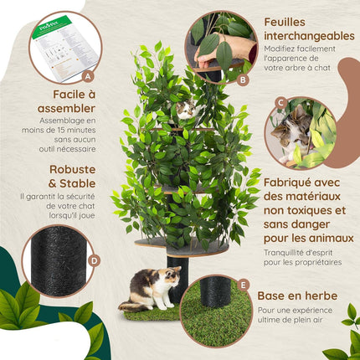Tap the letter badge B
(244, 80)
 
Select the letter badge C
(281, 104)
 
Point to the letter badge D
(95, 260)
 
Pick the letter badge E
(244, 284)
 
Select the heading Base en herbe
(298, 296)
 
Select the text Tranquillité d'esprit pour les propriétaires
(302, 257)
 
